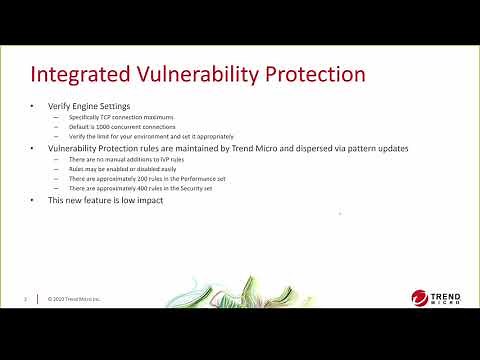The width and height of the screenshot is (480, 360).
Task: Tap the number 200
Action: click(x=145, y=177)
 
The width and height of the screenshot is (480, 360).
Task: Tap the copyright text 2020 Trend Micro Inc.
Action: click(x=75, y=298)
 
